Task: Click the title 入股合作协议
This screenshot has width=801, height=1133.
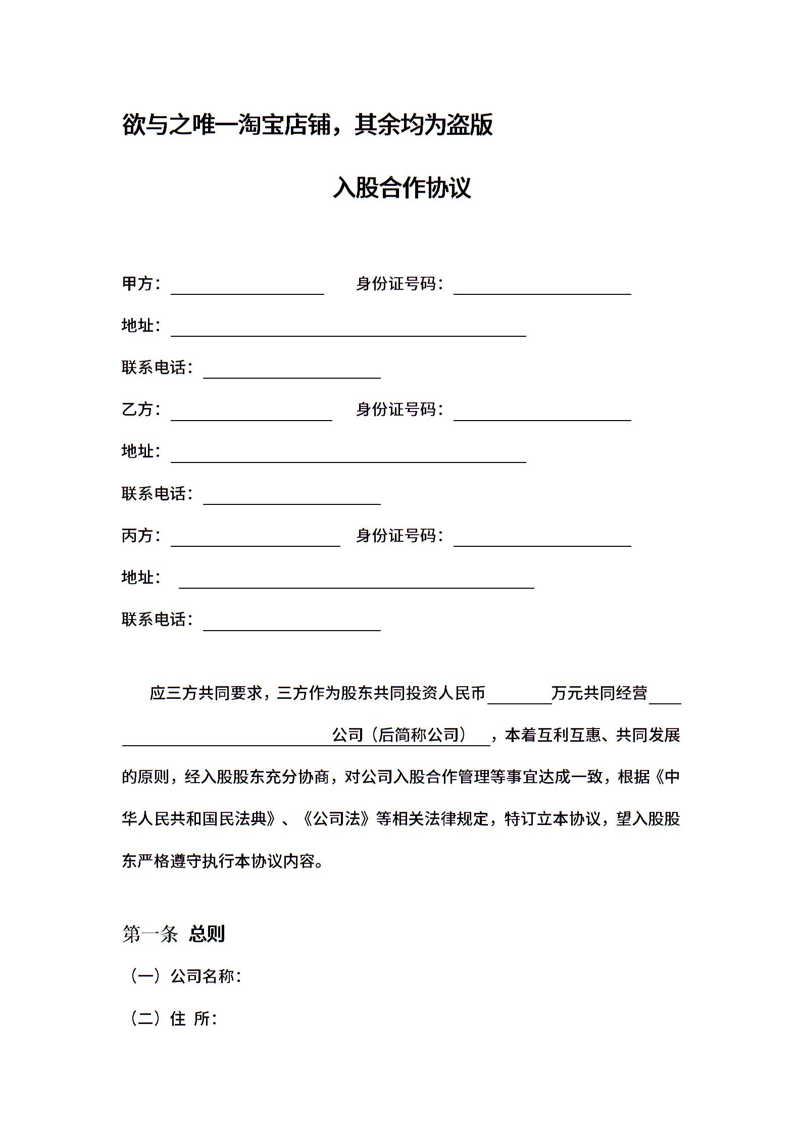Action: [402, 188]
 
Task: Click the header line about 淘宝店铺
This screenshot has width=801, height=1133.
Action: [307, 125]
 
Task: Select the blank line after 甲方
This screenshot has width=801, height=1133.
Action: [247, 288]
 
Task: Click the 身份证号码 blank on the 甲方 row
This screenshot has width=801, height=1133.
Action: [542, 288]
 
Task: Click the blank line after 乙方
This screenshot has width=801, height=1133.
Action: [251, 414]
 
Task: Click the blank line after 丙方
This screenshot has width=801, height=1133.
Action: [255, 540]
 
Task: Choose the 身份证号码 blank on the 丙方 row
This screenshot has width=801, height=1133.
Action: [542, 540]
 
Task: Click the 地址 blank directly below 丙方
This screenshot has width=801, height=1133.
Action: [356, 582]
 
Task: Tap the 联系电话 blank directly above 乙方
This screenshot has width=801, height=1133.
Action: [291, 372]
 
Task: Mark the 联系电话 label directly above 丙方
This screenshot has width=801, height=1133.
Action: [157, 493]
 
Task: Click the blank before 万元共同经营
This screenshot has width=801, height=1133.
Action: [519, 697]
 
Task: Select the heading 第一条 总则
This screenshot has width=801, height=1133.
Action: [173, 934]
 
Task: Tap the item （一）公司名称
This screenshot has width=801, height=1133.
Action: [185, 976]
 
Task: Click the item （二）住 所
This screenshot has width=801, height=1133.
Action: [173, 1018]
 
